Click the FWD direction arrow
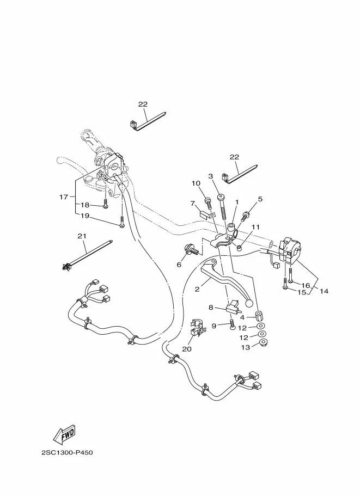64,433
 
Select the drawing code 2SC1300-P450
67,452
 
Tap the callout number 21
82,236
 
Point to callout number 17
63,197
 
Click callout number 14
324,291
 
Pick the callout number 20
187,348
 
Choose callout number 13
246,347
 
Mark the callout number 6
179,265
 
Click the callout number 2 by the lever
197,289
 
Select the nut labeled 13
263,342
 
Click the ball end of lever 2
250,303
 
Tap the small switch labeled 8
233,306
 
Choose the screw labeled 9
232,325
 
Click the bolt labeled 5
246,216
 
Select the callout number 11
255,227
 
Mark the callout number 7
192,203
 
